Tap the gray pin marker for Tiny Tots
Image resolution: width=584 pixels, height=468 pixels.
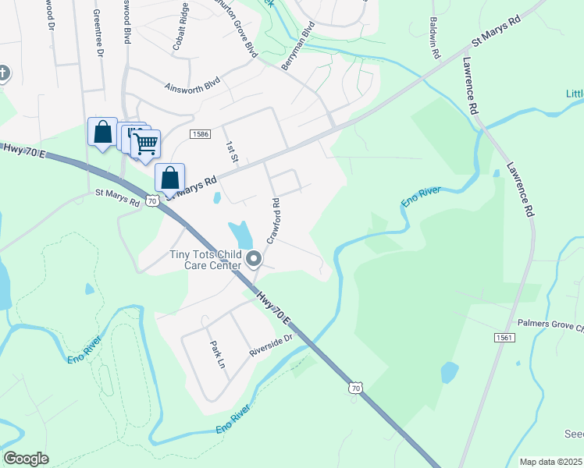point(253,259)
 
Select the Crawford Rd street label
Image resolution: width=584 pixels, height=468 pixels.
point(274,221)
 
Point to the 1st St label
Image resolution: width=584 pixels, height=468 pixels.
point(231,151)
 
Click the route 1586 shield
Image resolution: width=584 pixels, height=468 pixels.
point(199,134)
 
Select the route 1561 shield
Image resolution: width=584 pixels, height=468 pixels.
point(504,338)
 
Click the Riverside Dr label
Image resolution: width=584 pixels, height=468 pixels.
point(270,345)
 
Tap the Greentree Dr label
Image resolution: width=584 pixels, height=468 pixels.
point(98,34)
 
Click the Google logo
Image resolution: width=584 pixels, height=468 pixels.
point(26,459)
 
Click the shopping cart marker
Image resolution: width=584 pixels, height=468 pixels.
point(145,144)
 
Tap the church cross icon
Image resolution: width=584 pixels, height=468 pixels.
point(4,74)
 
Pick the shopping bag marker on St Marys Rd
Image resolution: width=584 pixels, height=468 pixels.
point(169,177)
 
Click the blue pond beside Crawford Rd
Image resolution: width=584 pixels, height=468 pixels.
point(241,233)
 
